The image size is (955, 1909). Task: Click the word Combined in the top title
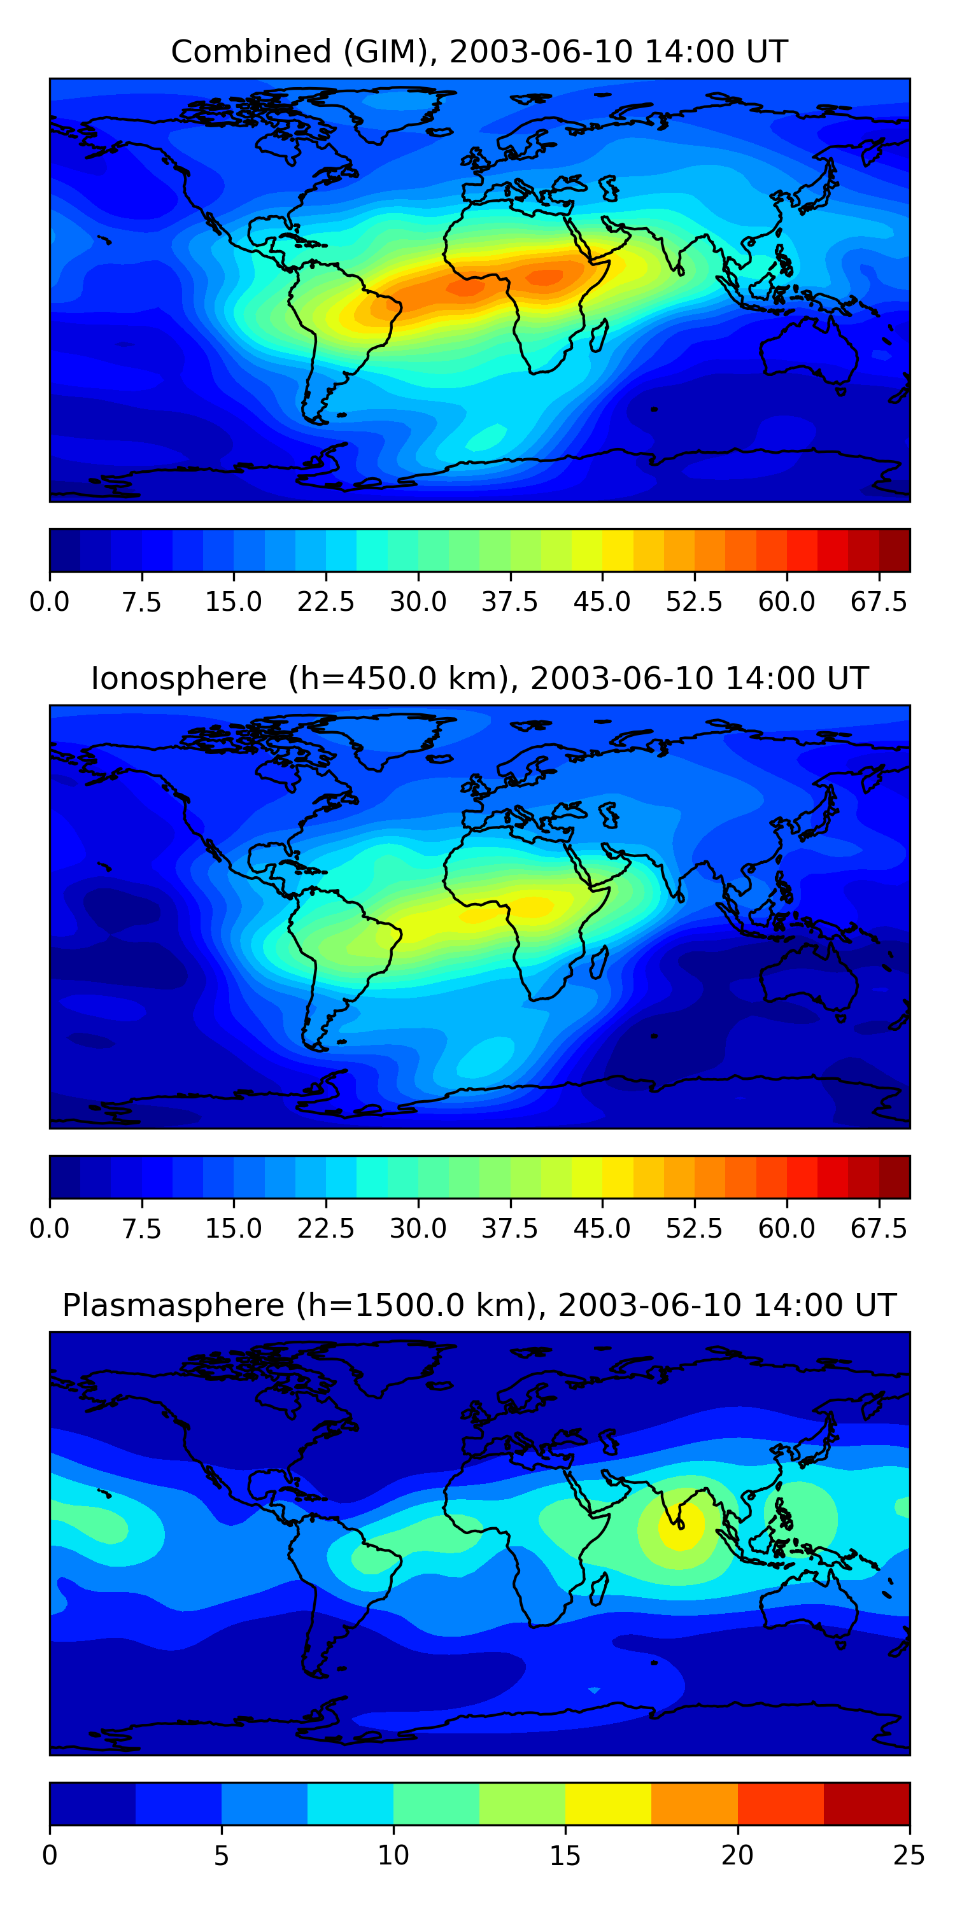251,52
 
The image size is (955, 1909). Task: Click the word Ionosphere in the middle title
178,679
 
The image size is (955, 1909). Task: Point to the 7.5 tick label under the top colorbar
141,602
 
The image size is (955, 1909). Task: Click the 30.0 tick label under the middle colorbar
418,1229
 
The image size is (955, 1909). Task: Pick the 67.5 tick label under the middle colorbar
879,1229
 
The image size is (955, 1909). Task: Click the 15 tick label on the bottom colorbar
565,1855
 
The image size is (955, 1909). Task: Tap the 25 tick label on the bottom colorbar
909,1855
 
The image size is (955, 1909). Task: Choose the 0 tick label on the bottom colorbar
50,1855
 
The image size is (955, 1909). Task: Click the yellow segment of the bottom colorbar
608,1803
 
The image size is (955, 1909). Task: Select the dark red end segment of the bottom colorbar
866,1803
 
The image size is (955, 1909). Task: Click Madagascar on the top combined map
599,335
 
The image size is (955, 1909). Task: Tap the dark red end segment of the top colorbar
895,550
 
